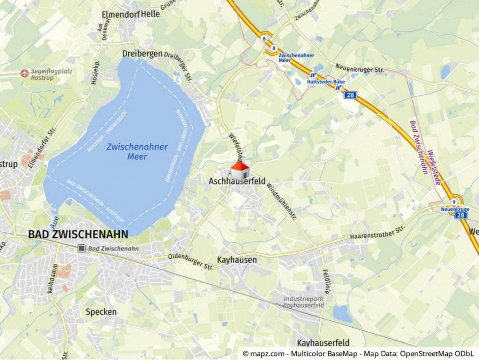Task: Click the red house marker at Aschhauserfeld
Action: click(240, 169)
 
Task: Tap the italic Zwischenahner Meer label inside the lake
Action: click(137, 152)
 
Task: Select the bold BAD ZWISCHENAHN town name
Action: click(78, 235)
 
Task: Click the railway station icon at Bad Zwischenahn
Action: click(82, 249)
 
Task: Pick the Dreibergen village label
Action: click(142, 54)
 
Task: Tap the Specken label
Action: click(101, 312)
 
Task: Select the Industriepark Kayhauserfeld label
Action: click(304, 302)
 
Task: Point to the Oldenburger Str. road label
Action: click(191, 262)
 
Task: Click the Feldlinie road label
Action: click(326, 282)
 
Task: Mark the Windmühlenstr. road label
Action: click(281, 200)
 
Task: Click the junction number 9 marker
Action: click(454, 201)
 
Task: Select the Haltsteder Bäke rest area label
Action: click(325, 82)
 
